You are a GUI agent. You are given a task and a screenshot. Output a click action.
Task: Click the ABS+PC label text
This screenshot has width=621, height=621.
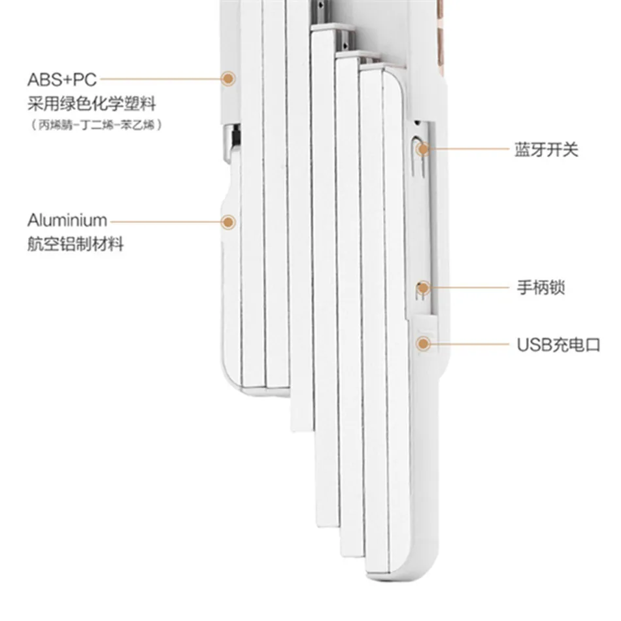[62, 80]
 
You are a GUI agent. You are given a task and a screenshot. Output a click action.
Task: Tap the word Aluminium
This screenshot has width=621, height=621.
[67, 220]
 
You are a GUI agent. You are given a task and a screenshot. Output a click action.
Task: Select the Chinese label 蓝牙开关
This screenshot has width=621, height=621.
[546, 150]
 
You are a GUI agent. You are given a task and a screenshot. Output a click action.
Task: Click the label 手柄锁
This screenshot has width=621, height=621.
[541, 287]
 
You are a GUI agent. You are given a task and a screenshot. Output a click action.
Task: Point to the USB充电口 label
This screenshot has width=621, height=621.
[559, 344]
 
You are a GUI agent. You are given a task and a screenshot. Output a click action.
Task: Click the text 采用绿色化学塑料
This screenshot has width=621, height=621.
[92, 104]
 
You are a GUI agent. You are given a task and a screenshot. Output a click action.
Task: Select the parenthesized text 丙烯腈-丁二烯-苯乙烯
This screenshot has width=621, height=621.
[97, 125]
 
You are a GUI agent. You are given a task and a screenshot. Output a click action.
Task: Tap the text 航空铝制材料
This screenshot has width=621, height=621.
[75, 244]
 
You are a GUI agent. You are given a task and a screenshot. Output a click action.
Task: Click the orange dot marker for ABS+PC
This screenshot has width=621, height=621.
[227, 79]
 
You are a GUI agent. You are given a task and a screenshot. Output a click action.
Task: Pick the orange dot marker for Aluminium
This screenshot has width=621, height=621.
[227, 222]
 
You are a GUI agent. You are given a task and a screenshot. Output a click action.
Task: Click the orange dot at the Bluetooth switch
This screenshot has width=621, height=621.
[424, 149]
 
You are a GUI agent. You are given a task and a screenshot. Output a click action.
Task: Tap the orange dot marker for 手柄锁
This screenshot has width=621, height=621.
[424, 288]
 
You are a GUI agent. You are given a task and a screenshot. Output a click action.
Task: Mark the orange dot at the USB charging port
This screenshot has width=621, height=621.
[424, 344]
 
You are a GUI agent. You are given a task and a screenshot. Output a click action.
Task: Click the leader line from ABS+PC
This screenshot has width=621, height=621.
[160, 79]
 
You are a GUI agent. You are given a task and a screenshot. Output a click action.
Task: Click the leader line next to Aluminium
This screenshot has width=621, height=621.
[165, 222]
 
